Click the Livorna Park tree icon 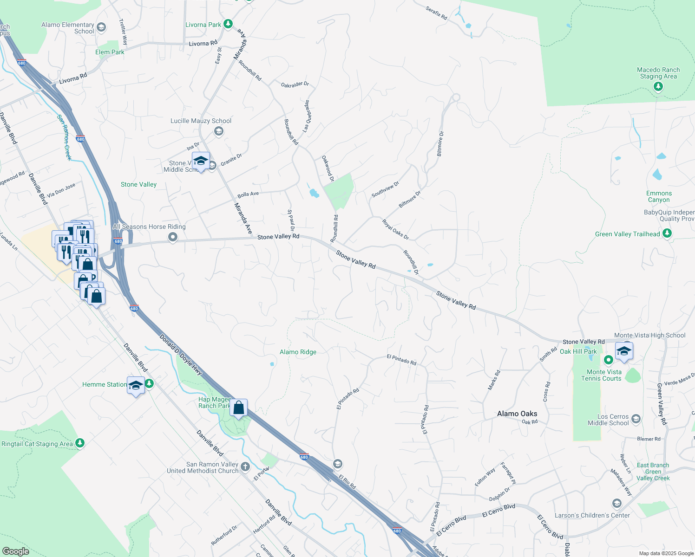(228, 24)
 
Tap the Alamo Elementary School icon (101, 27)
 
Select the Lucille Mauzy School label (201, 121)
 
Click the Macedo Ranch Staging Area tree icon (658, 86)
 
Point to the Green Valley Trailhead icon (667, 233)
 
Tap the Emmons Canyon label (659, 197)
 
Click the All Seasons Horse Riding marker (173, 238)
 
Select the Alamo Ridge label (298, 352)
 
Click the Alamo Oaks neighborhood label (517, 414)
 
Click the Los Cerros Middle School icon (636, 419)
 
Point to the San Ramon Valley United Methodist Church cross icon (245, 467)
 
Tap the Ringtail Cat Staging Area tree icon (80, 443)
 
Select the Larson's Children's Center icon (616, 504)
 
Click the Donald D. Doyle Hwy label (181, 354)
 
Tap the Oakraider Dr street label (295, 84)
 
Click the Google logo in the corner (15, 551)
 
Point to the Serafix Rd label (436, 13)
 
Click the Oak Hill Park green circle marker (608, 360)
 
